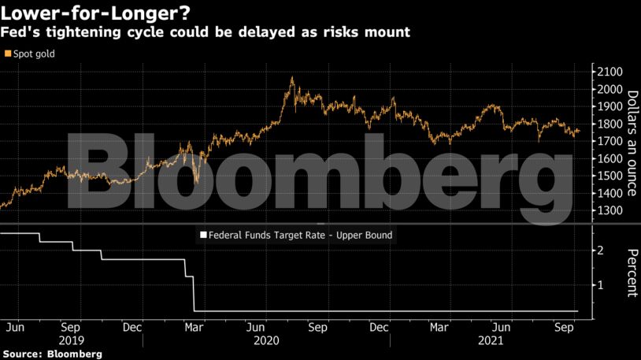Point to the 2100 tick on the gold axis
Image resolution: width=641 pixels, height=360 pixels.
click(610, 72)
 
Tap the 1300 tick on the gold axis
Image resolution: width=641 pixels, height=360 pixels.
click(610, 211)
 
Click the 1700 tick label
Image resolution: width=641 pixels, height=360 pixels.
click(610, 142)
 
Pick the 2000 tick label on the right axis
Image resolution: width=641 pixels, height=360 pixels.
click(610, 90)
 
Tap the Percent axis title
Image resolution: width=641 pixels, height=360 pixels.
click(632, 273)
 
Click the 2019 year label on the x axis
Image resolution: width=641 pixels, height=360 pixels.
click(70, 342)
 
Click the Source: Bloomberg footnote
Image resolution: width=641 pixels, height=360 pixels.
click(52, 354)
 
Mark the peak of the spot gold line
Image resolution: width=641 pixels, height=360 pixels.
click(292, 77)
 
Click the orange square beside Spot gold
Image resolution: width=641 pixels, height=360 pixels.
click(8, 54)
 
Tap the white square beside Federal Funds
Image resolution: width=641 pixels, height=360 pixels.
click(202, 235)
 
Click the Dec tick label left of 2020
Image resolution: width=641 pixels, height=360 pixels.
click(132, 326)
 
